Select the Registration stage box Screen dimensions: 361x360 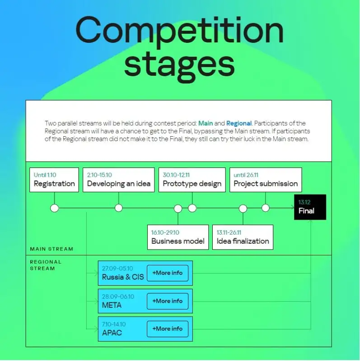(x=54, y=180)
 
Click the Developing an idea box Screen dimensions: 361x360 (x=118, y=180)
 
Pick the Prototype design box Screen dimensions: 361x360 (x=192, y=180)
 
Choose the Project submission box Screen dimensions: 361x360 (x=266, y=180)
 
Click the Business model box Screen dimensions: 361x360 (x=178, y=237)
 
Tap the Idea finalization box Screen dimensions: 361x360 (x=243, y=237)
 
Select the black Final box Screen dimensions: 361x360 (x=310, y=207)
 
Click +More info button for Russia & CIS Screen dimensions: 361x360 (x=168, y=273)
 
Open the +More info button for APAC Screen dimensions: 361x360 (x=168, y=329)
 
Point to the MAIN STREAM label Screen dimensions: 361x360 (x=51, y=249)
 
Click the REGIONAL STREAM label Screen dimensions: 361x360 (x=46, y=265)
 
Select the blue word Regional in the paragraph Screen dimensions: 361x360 (x=239, y=123)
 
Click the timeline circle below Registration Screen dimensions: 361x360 (x=55, y=208)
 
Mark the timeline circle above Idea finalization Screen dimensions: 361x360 (x=243, y=208)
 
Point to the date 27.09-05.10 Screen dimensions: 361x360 (x=117, y=268)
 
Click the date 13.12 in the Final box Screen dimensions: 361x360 (x=304, y=203)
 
